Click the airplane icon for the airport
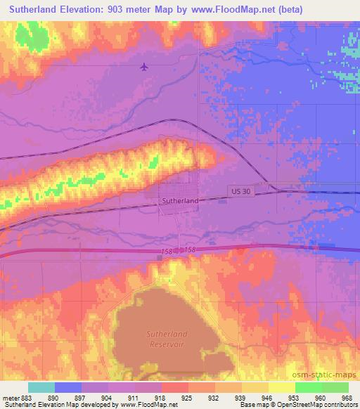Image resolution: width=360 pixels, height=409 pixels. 145,67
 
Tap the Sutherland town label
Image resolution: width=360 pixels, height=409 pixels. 180,200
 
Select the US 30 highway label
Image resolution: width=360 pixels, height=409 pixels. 240,191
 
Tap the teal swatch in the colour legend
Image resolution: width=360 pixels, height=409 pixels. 41,387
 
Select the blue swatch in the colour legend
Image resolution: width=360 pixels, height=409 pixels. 68,387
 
